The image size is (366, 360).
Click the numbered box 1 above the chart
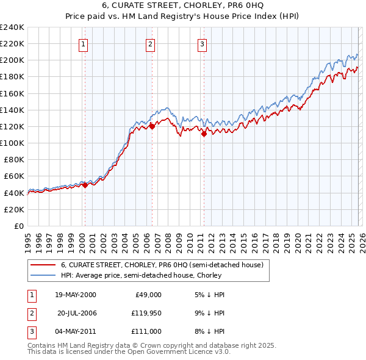[82, 43]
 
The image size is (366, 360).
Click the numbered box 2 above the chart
[149, 43]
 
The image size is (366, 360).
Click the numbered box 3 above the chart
[202, 43]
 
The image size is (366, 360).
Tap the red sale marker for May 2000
[85, 185]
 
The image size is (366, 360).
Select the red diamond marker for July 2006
[152, 126]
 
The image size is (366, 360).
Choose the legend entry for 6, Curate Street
[162, 265]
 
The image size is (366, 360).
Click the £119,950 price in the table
[146, 313]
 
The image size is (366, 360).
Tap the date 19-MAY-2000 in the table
[75, 295]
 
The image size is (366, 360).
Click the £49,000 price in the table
[148, 295]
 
